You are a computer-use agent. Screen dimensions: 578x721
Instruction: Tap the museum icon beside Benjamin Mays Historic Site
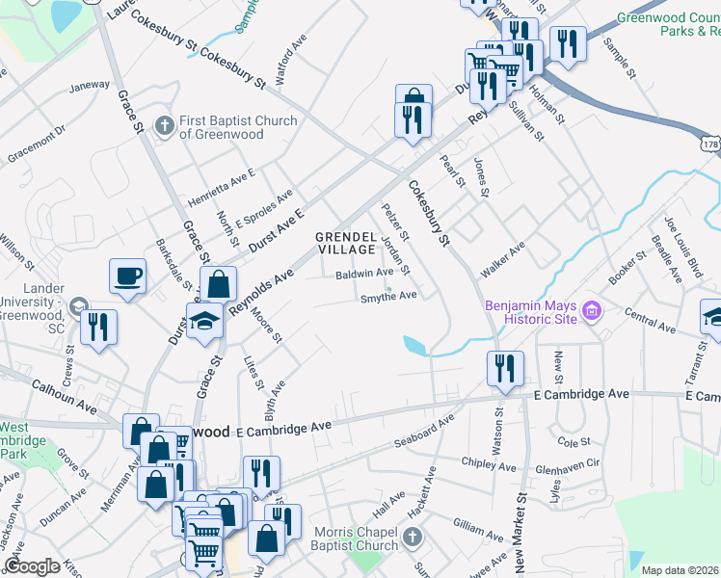point(593,310)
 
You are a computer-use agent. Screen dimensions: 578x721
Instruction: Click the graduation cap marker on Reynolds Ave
point(205,322)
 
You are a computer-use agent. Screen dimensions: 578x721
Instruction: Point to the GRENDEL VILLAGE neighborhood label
point(351,243)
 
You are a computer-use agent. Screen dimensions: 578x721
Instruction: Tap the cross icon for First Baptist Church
point(164,124)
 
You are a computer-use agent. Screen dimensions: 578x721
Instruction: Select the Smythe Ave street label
point(388,296)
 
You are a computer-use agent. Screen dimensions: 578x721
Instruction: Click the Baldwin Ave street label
point(364,274)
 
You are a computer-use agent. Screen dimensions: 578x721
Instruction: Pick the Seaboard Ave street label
point(423,435)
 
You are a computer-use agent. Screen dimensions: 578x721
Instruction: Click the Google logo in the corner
point(32,567)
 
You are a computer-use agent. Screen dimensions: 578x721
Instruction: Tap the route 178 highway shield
point(710,143)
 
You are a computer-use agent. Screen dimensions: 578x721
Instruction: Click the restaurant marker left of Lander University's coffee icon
point(98,327)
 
